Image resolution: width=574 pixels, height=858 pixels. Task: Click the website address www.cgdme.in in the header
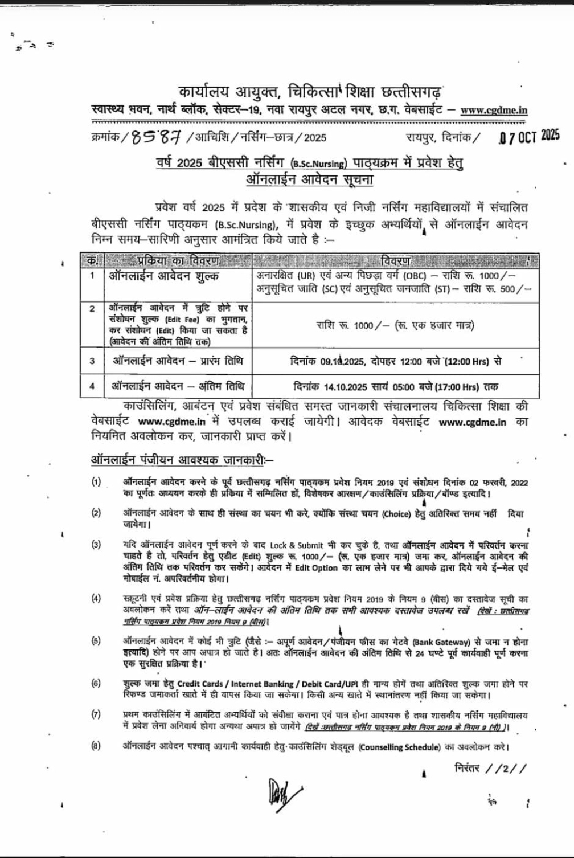[x=494, y=110]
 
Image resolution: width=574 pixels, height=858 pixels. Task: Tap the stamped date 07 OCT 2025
[x=528, y=137]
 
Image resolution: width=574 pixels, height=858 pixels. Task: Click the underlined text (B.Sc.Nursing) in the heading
[x=317, y=164]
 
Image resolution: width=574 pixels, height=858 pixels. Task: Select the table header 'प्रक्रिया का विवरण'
[x=177, y=261]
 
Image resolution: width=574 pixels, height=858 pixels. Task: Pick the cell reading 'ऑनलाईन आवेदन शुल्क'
[x=164, y=276]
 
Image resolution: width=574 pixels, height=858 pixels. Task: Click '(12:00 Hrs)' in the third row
[x=467, y=361]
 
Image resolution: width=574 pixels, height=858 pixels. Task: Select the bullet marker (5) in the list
[x=96, y=640]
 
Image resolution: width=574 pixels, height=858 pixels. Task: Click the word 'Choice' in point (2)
[x=396, y=513]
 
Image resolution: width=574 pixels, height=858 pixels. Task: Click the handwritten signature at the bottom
[x=277, y=791]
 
